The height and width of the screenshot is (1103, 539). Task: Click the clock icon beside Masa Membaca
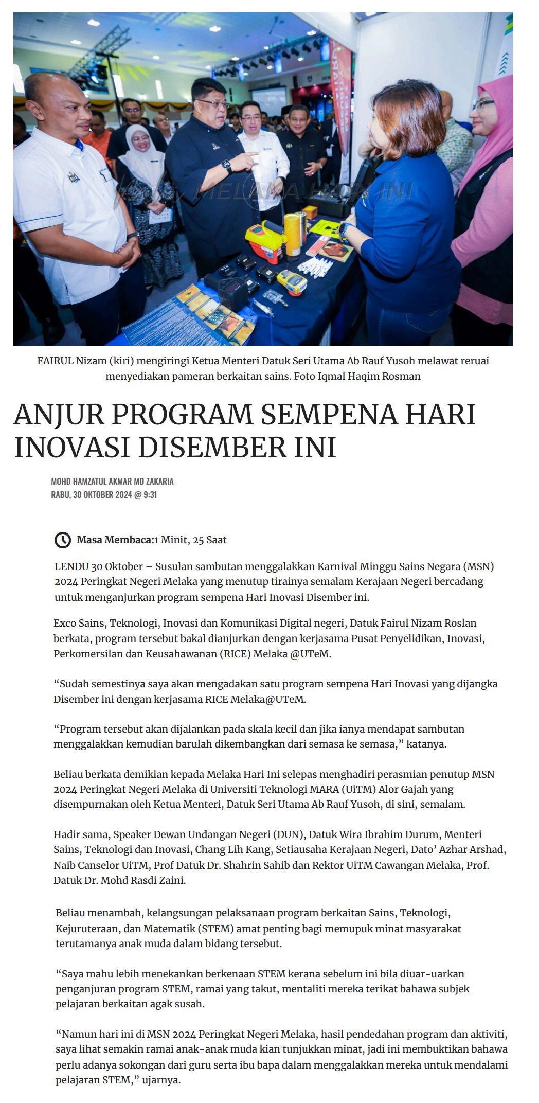tap(62, 540)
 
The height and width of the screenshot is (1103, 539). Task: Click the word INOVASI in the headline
tap(73, 447)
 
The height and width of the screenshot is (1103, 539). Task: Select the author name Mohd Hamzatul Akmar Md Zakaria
tap(112, 481)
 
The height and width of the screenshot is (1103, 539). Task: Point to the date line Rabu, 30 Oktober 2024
tap(104, 495)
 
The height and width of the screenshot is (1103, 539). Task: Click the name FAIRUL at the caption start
tap(55, 361)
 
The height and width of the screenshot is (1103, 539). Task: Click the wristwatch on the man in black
tap(226, 166)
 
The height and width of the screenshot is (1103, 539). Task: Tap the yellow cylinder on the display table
tap(294, 234)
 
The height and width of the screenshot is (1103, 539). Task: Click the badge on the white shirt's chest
tap(75, 177)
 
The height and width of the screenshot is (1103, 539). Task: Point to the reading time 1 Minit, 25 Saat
tap(190, 540)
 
